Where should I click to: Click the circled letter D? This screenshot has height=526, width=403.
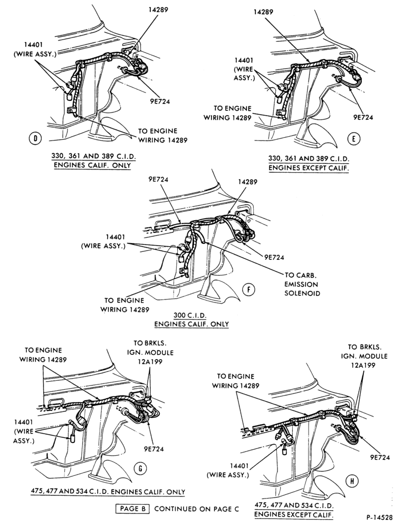[x=34, y=138]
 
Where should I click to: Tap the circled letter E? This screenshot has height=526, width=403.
[x=353, y=138]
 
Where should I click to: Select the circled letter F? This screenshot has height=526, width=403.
[x=248, y=289]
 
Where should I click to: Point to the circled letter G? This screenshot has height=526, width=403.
[x=140, y=468]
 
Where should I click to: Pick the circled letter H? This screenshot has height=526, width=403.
[x=352, y=482]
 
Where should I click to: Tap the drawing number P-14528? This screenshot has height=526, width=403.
[x=380, y=517]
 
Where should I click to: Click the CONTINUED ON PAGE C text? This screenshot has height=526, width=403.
[x=197, y=509]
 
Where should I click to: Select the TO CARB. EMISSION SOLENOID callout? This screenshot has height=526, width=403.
[x=302, y=284]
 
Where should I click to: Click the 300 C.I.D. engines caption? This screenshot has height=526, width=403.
[x=191, y=320]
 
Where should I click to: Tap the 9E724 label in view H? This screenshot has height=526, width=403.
[x=380, y=457]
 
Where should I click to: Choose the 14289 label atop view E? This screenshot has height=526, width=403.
[x=263, y=12]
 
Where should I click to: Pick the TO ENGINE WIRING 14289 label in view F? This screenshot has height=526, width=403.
[x=124, y=305]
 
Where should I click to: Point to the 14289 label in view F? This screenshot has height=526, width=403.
[x=247, y=182]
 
